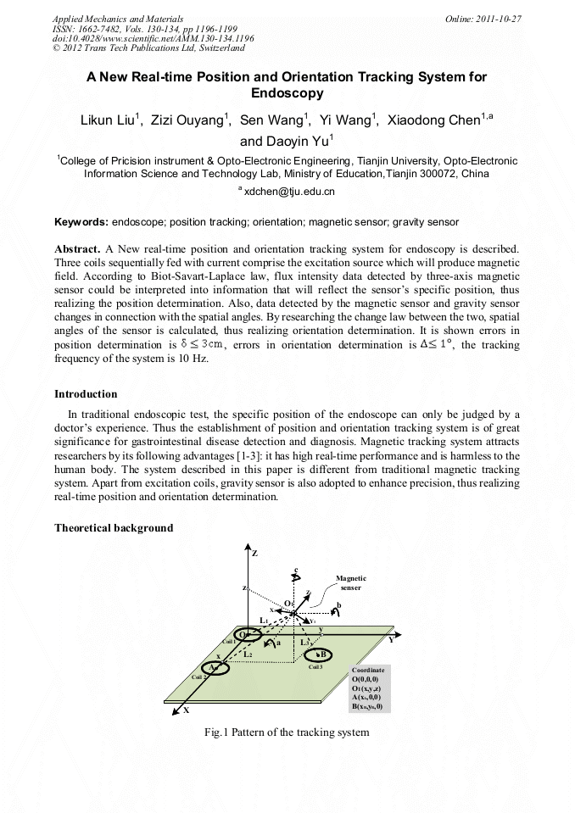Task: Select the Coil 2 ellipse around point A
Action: coord(216,668)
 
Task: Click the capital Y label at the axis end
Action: coord(391,641)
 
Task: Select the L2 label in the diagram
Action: coord(247,654)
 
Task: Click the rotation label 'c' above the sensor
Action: coord(294,569)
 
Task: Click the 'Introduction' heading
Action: coord(86,394)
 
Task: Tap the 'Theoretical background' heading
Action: coord(114,527)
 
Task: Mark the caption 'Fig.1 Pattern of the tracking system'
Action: coord(287,732)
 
